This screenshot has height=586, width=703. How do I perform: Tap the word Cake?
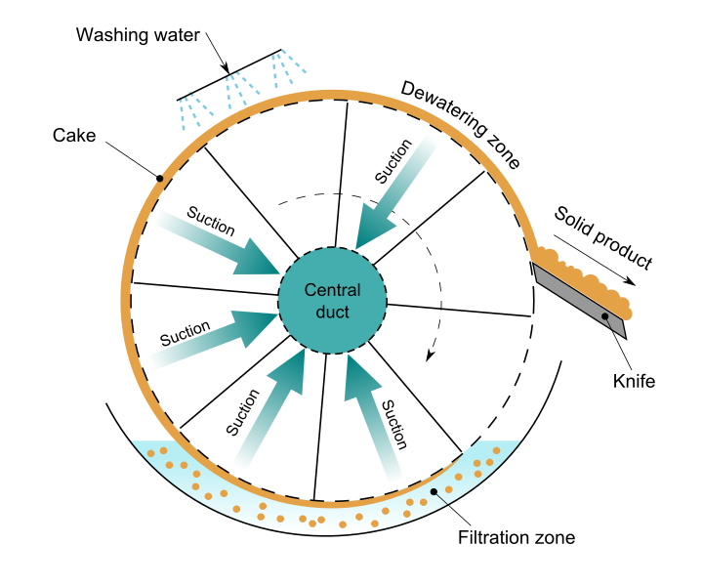(74, 136)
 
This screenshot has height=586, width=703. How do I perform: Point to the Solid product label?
(601, 237)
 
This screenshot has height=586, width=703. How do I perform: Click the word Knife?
(634, 381)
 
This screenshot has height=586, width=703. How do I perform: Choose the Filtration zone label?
(517, 537)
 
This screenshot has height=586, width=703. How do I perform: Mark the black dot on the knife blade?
(606, 315)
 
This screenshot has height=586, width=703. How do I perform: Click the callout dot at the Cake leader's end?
(158, 178)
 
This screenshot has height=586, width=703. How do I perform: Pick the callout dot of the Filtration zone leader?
(435, 491)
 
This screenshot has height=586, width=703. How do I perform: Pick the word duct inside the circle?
(332, 313)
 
